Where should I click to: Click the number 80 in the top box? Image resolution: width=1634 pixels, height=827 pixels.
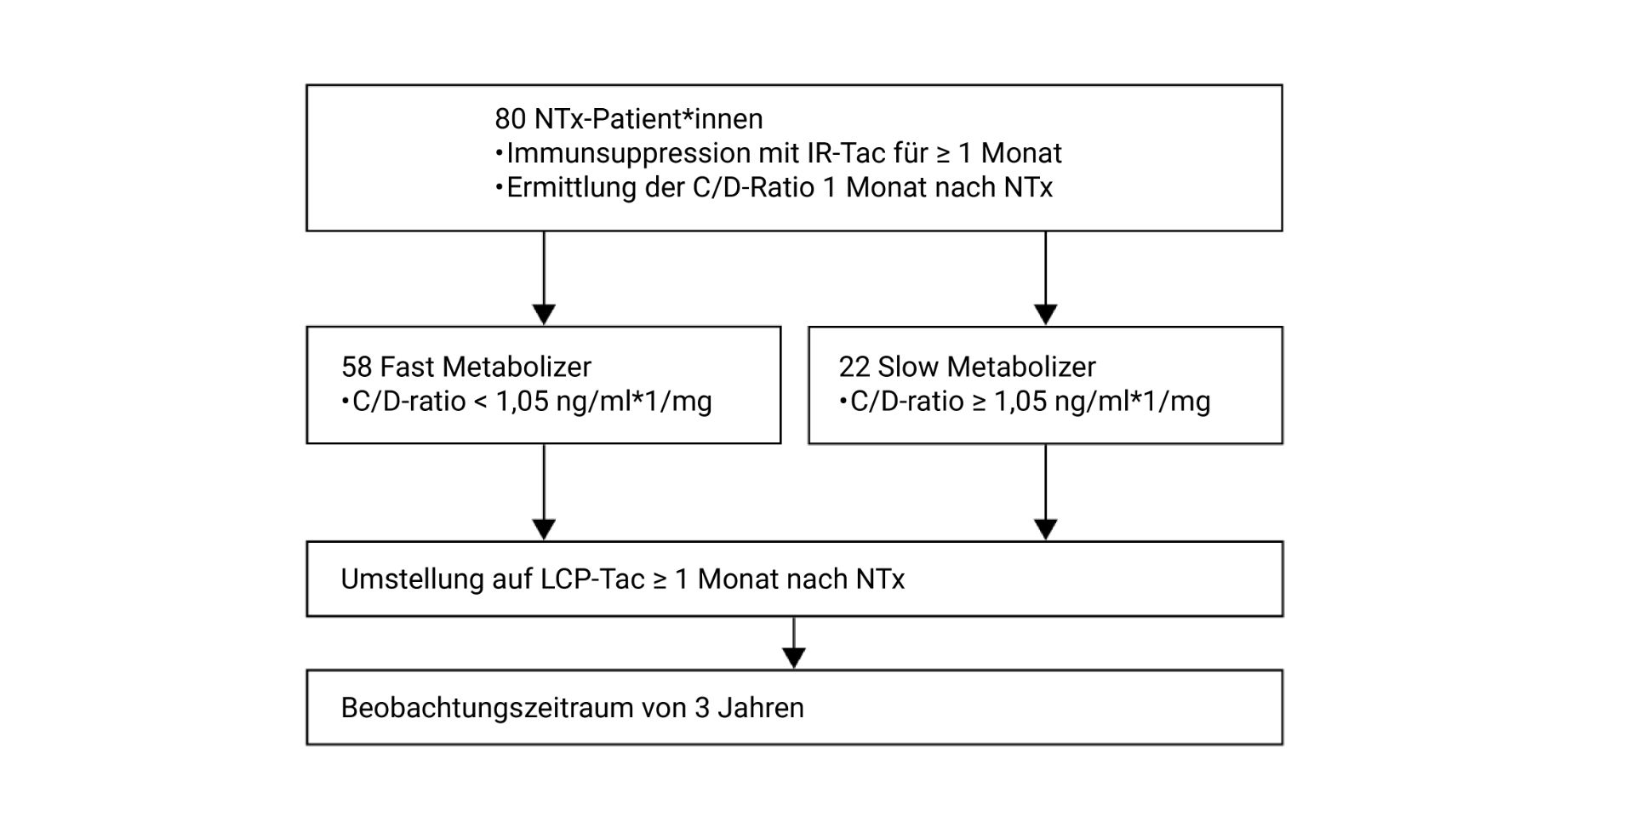tap(511, 119)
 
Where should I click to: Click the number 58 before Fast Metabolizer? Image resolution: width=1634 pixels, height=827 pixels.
tap(357, 367)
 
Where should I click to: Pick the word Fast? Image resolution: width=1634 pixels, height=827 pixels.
tap(403, 367)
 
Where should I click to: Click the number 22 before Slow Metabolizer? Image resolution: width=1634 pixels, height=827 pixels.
tap(854, 367)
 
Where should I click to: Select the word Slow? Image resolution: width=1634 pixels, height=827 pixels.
tap(903, 367)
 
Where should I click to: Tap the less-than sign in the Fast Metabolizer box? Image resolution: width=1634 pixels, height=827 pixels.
tap(480, 402)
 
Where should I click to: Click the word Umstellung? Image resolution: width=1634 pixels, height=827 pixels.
tap(413, 580)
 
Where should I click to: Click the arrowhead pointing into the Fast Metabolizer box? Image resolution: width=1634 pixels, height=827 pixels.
tap(544, 315)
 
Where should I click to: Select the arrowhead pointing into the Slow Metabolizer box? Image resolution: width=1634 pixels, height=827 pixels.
tap(1046, 315)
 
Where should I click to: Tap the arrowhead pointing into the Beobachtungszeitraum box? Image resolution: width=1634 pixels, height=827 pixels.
tap(794, 659)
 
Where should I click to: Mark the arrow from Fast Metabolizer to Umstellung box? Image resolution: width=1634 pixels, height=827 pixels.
tap(544, 493)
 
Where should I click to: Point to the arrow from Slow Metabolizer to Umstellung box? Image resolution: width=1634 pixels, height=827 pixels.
tap(1046, 493)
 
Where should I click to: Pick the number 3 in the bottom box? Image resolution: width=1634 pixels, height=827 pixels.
tap(702, 708)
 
